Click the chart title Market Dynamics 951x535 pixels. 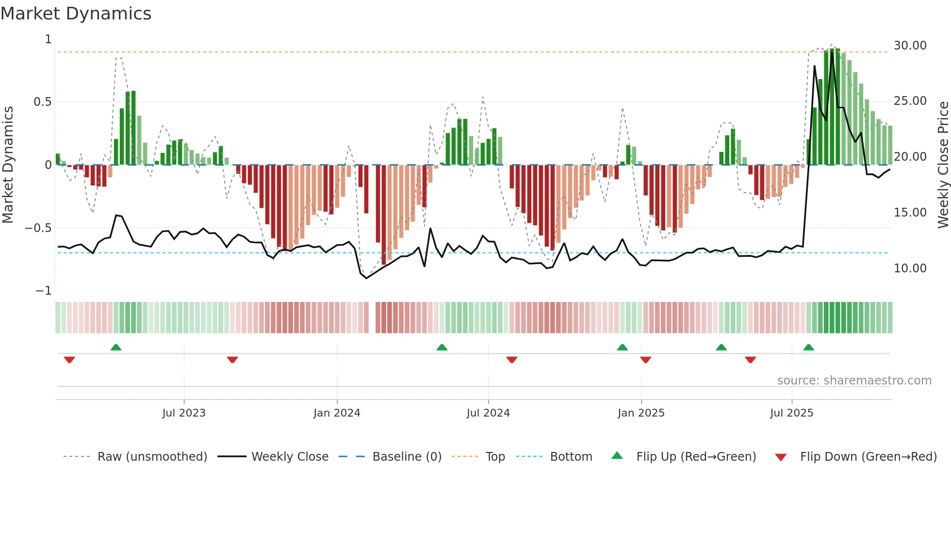[x=76, y=14]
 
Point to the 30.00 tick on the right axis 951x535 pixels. [x=910, y=46]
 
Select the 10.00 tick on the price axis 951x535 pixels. [x=910, y=268]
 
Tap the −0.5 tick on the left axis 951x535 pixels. [x=38, y=228]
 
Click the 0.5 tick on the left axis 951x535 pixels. [x=42, y=102]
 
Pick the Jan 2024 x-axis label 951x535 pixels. [x=337, y=413]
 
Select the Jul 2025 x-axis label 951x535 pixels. [x=791, y=413]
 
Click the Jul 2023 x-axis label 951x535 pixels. [x=184, y=413]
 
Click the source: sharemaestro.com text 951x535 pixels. [x=854, y=381]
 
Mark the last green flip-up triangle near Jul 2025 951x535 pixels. [x=808, y=348]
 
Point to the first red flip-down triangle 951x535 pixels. [x=69, y=360]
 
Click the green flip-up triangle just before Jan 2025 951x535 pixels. [x=622, y=348]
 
